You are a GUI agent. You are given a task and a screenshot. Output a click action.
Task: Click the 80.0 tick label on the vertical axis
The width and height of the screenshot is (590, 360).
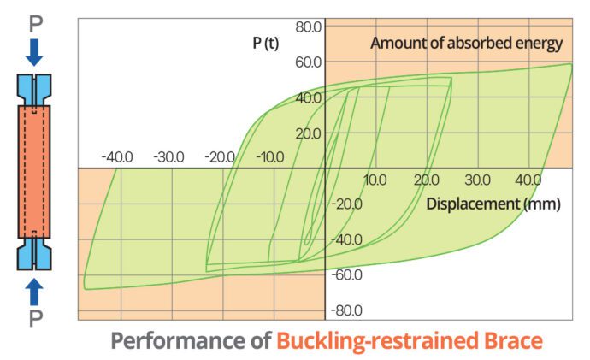tap(309, 27)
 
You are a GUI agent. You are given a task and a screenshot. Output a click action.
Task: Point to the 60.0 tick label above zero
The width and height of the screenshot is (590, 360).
tap(309, 62)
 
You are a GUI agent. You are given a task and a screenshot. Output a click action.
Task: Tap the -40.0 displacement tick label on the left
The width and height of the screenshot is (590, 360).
tap(117, 157)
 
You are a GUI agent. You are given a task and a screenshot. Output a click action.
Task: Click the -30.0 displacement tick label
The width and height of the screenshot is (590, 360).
tap(168, 157)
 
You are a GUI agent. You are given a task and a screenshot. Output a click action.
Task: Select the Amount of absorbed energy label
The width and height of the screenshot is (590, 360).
tap(466, 43)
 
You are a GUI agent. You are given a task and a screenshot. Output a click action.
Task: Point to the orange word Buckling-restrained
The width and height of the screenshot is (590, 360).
tap(381, 340)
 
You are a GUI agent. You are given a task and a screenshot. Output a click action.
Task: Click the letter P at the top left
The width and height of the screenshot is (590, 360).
tap(34, 21)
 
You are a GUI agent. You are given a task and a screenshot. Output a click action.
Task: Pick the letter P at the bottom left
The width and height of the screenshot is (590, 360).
tap(34, 322)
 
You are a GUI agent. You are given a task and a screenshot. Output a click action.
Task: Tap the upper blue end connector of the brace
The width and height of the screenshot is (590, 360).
tap(34, 91)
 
